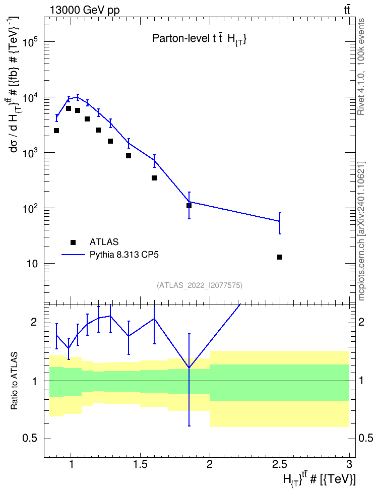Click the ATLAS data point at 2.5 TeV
(x=280, y=257)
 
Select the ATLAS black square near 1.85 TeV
(x=189, y=206)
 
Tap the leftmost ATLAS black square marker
(x=56, y=130)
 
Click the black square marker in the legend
(x=73, y=242)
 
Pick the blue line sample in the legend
(x=73, y=255)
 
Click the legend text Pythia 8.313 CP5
(x=124, y=255)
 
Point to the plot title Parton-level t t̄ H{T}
(x=200, y=39)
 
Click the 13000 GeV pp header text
(x=84, y=10)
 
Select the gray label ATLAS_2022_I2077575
(x=200, y=285)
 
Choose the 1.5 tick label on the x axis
(x=140, y=464)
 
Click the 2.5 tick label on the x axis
(x=279, y=464)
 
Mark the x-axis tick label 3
(x=349, y=464)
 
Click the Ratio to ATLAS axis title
(x=14, y=381)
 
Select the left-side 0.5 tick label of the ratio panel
(x=30, y=439)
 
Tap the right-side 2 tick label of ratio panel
(x=361, y=322)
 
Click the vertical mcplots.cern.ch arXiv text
(x=361, y=231)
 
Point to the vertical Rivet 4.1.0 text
(x=361, y=67)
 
